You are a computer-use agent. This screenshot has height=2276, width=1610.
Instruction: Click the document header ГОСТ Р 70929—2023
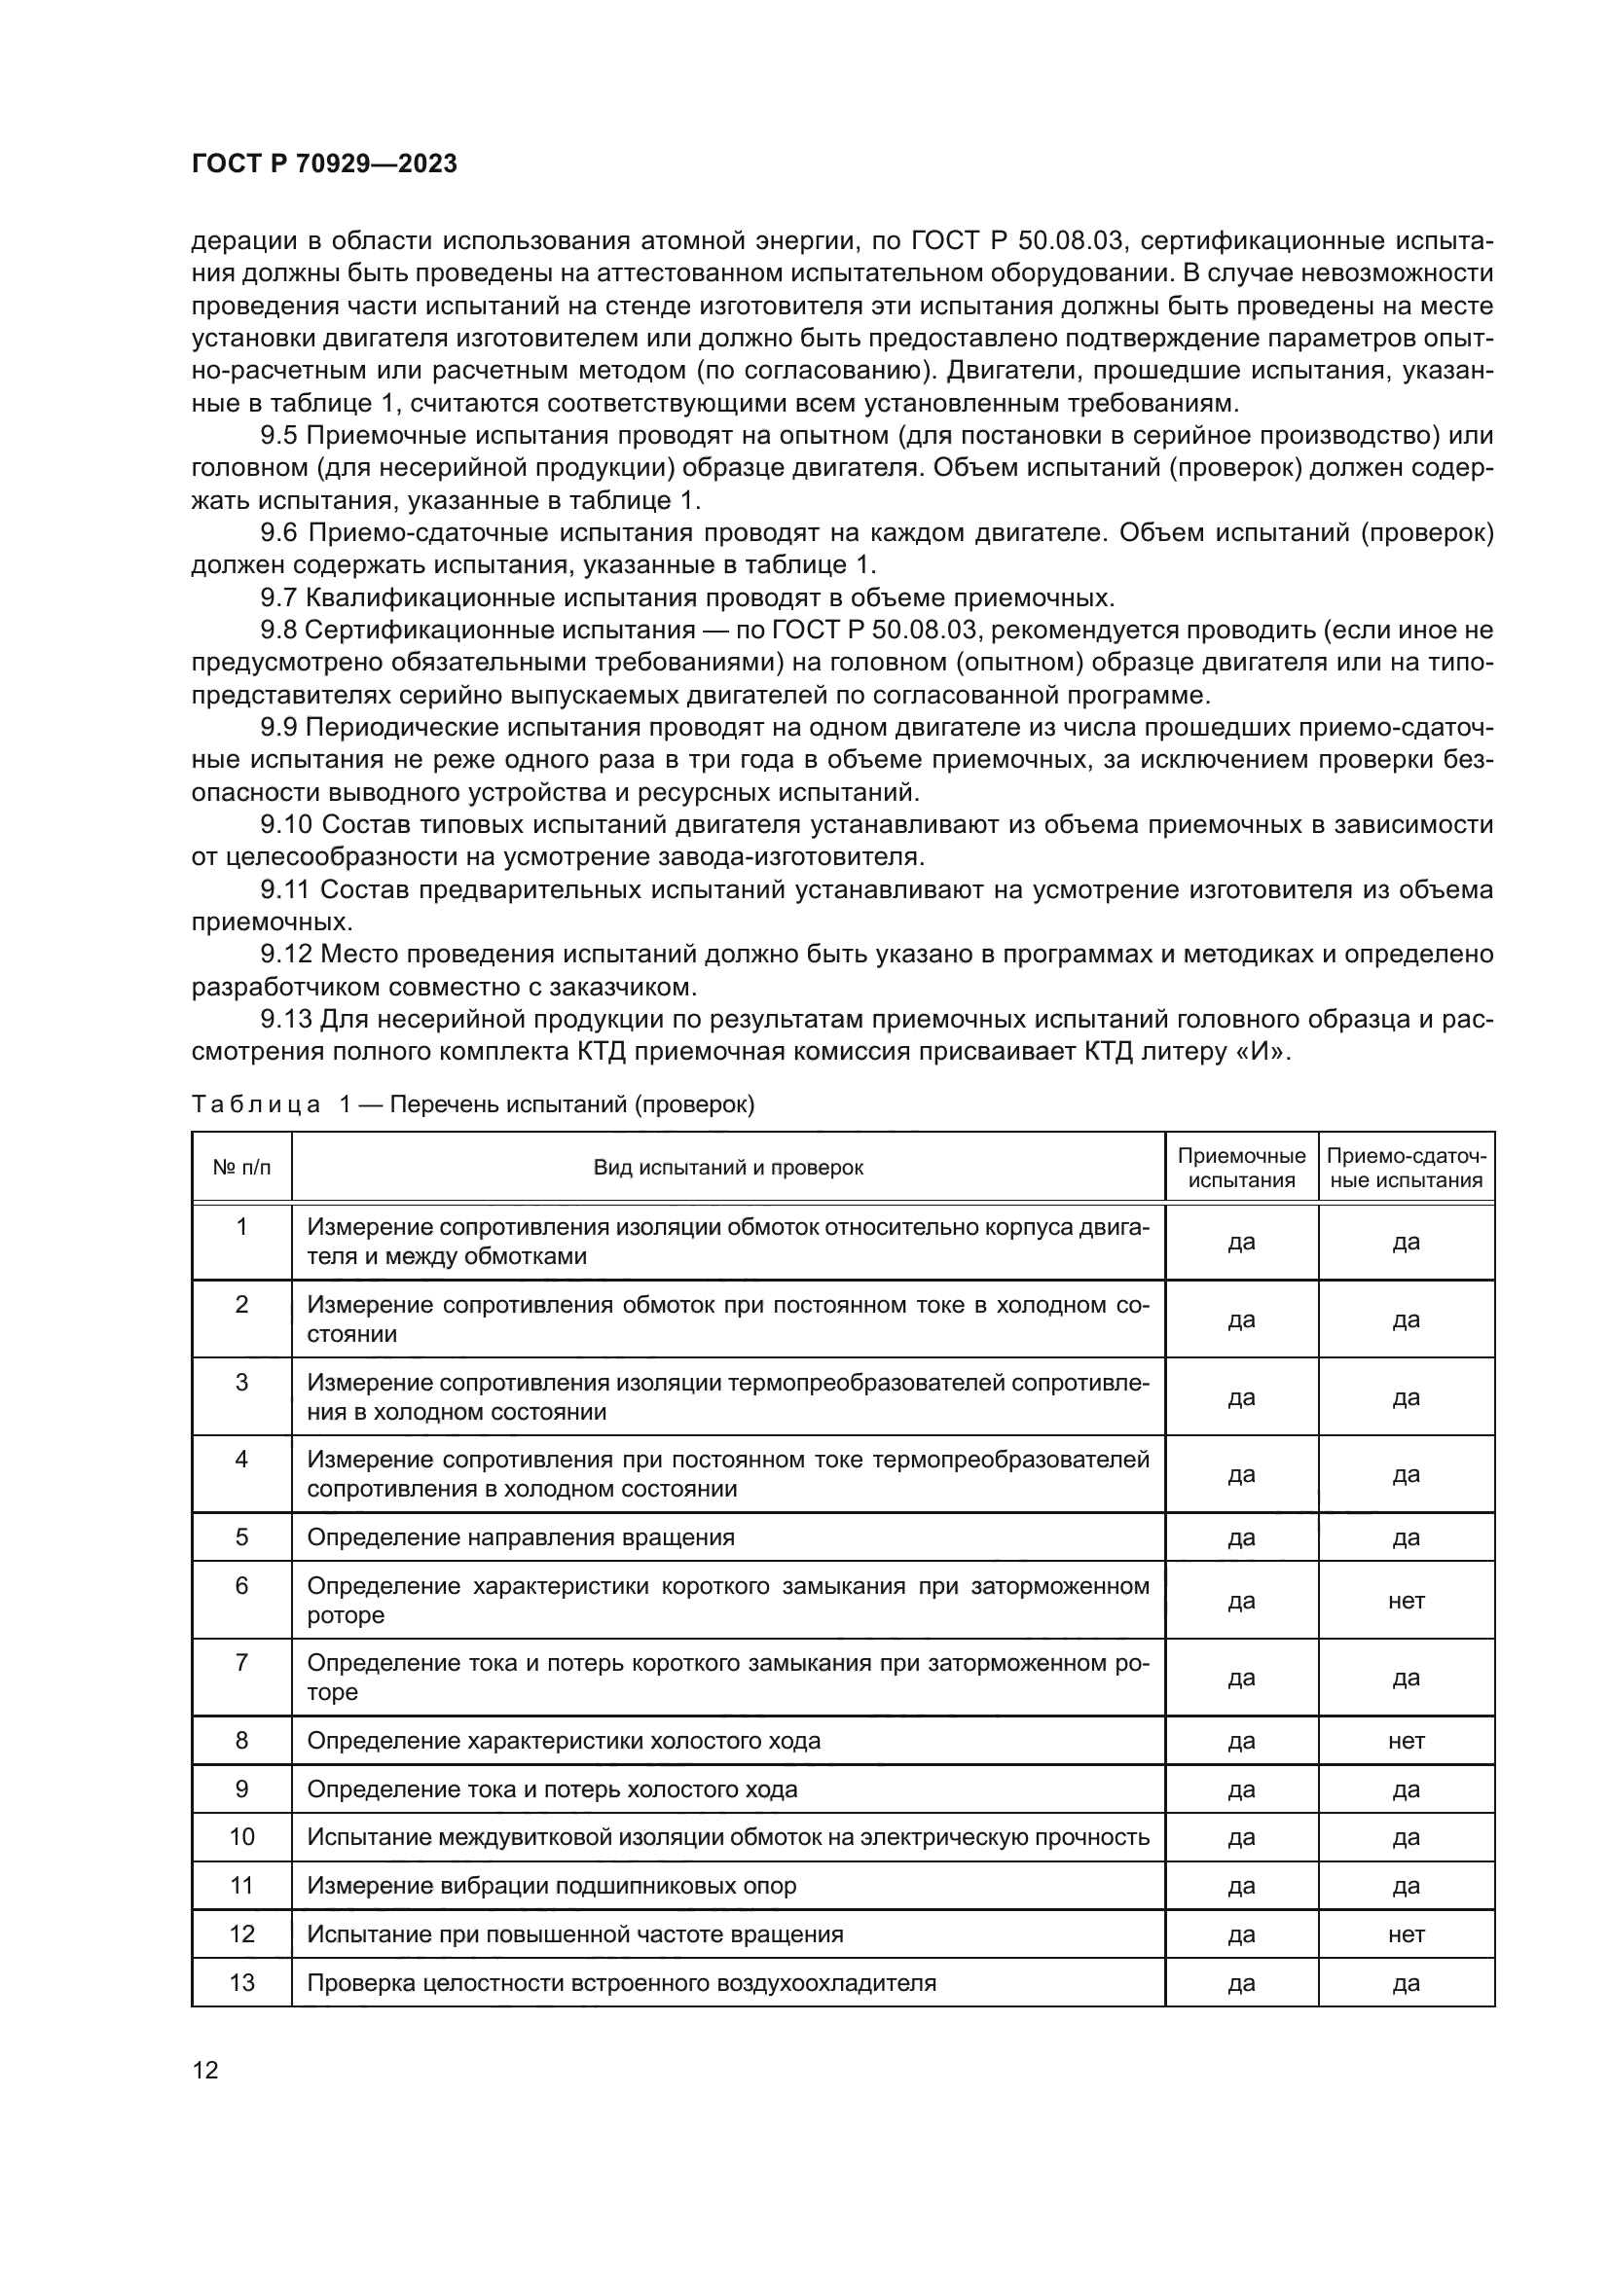tap(324, 163)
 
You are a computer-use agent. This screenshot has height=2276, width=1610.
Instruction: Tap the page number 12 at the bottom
tap(205, 2070)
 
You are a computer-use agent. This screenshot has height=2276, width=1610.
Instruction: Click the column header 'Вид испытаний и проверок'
tap(728, 1167)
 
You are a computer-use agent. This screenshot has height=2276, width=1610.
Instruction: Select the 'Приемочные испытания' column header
tap(1241, 1167)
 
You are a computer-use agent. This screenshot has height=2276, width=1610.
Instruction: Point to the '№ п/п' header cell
tap(242, 1167)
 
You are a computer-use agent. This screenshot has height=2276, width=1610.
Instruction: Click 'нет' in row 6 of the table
tap(1406, 1600)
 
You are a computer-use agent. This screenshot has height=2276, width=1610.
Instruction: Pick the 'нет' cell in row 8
tap(1406, 1741)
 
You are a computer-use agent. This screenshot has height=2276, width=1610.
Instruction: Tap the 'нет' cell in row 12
tap(1406, 1934)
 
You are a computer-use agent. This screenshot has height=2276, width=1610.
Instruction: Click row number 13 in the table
tap(242, 1982)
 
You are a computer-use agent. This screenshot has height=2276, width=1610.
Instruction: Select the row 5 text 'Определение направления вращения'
tap(521, 1537)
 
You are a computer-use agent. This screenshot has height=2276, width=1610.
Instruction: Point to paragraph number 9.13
tap(285, 1018)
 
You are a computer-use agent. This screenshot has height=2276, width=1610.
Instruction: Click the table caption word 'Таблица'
tap(256, 1104)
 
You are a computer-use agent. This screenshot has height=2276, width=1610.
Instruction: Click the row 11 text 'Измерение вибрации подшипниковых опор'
tap(551, 1886)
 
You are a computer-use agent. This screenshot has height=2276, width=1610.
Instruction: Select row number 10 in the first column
tap(242, 1837)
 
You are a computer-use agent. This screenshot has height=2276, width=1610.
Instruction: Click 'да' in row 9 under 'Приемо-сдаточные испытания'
tap(1406, 1789)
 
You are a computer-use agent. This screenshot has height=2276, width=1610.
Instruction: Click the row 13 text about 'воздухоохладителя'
tap(622, 1982)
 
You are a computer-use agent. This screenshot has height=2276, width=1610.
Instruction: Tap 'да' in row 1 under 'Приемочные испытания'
tap(1241, 1242)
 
